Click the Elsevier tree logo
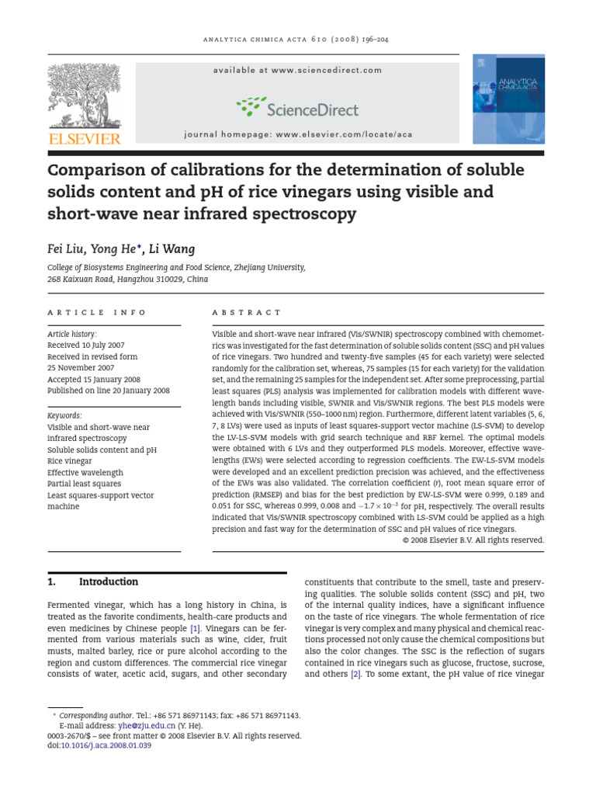tap(85, 96)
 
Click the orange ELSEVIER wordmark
tap(85, 139)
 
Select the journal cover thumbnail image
tap(508, 99)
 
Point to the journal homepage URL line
tap(298, 134)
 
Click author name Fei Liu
tap(68, 249)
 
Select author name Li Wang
tap(172, 249)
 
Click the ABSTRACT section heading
tap(247, 312)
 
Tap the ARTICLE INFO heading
tap(97, 312)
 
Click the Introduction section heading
tap(109, 581)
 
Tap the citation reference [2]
tap(355, 675)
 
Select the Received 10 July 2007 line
tap(86, 345)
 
